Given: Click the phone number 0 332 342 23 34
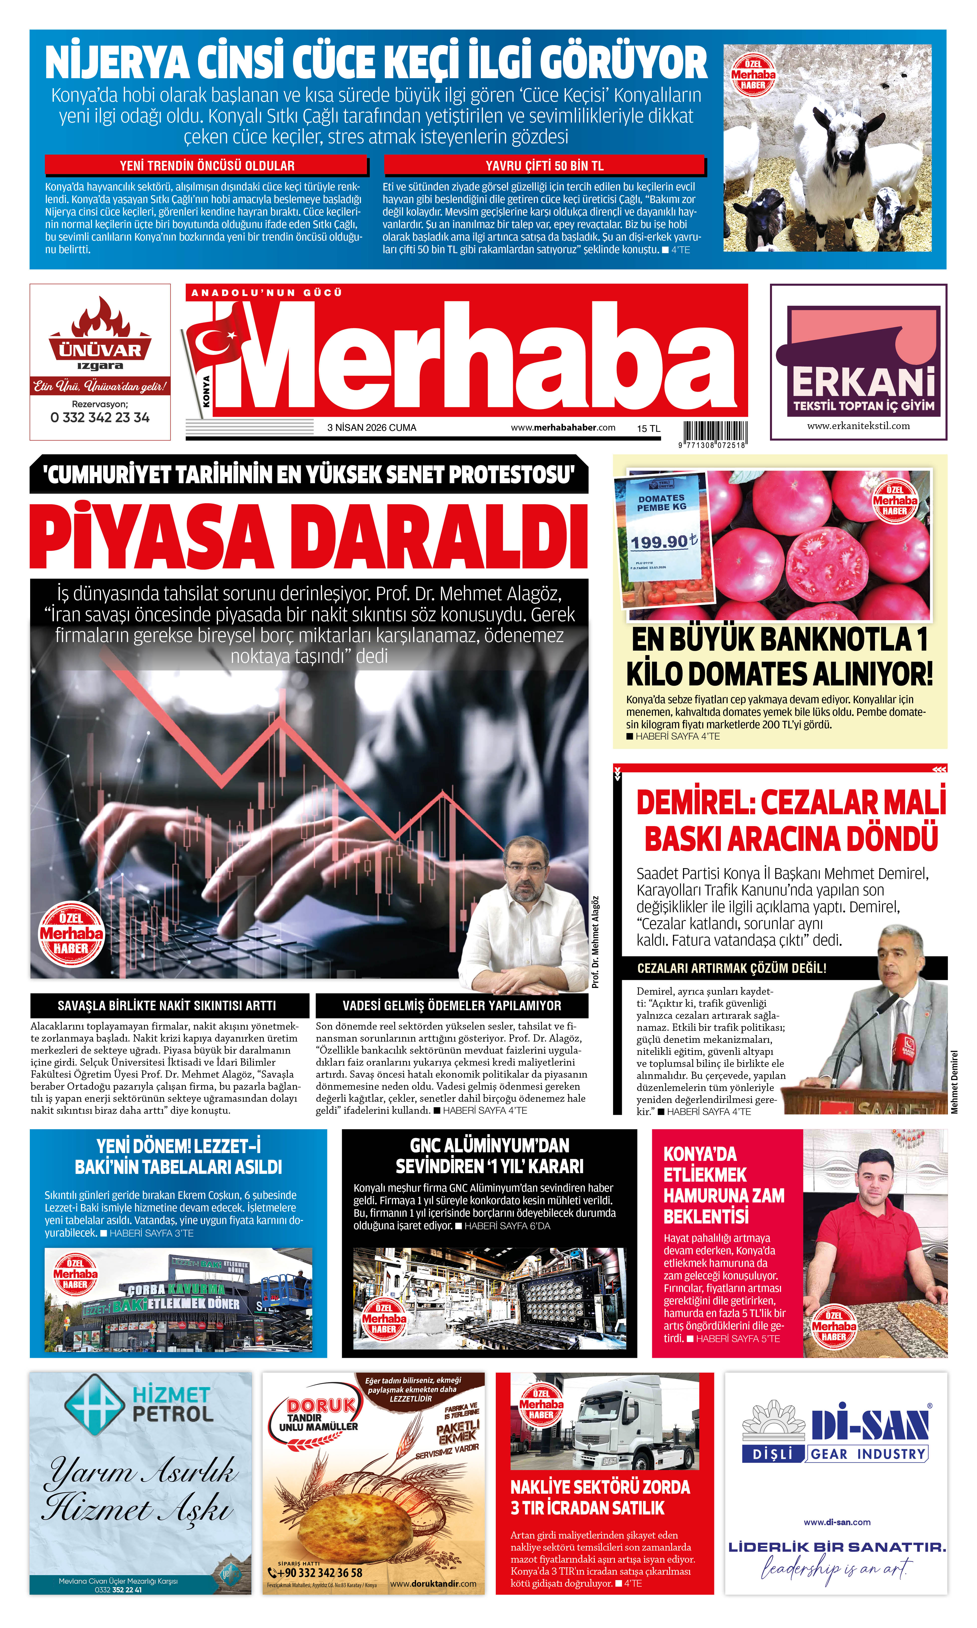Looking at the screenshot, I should pyautogui.click(x=100, y=417).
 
